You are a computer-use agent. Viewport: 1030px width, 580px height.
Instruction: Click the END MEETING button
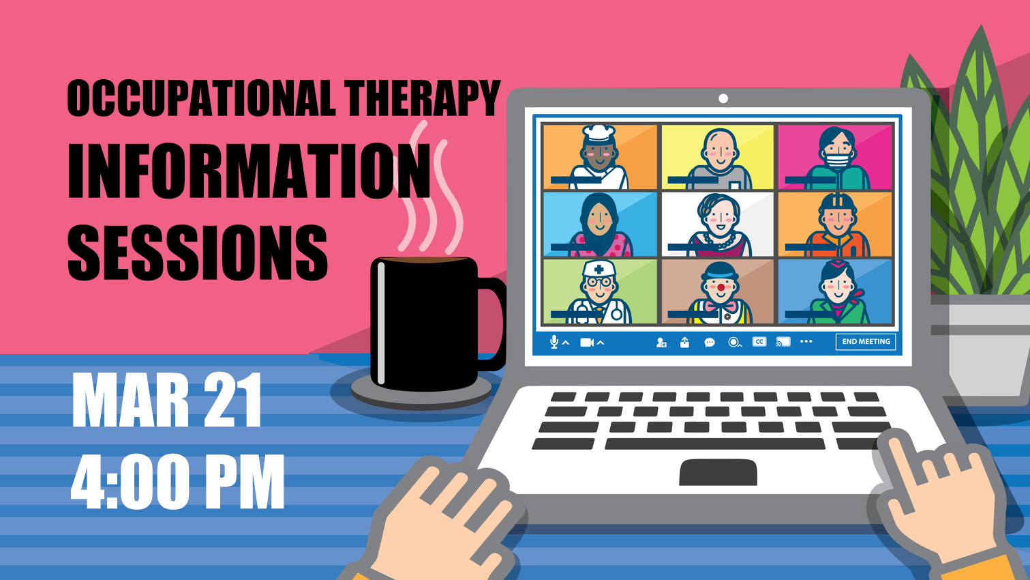pyautogui.click(x=866, y=342)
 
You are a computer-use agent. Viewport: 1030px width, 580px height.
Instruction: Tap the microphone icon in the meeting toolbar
pyautogui.click(x=554, y=342)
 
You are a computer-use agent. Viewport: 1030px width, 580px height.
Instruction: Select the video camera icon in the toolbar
pyautogui.click(x=586, y=343)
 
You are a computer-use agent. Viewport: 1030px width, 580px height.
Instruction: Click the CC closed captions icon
pyautogui.click(x=759, y=342)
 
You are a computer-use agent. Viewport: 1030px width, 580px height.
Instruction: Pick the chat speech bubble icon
pyautogui.click(x=710, y=343)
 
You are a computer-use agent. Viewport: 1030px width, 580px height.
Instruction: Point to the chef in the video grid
pyautogui.click(x=599, y=157)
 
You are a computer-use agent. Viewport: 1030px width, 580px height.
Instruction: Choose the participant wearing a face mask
pyautogui.click(x=836, y=157)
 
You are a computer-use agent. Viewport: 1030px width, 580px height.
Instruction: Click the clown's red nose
pyautogui.click(x=721, y=288)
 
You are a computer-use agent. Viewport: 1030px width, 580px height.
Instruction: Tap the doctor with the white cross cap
pyautogui.click(x=599, y=291)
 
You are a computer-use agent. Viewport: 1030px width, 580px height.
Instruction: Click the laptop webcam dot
pyautogui.click(x=723, y=99)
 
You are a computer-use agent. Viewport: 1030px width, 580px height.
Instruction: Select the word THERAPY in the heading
pyautogui.click(x=422, y=98)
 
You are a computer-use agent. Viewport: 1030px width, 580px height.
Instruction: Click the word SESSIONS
pyautogui.click(x=198, y=252)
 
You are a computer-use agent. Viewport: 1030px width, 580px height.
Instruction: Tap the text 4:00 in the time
pyautogui.click(x=130, y=482)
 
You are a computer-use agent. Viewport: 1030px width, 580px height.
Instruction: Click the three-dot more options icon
pyautogui.click(x=806, y=342)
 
